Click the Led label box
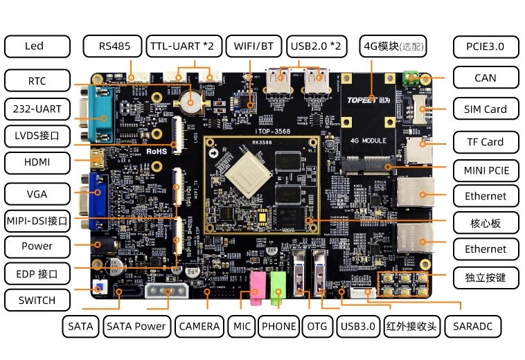coord(37,46)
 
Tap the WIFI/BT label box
coord(254,46)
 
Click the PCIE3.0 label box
coord(485,46)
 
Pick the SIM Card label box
coord(485,109)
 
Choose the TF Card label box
coord(485,142)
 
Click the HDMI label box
coord(37,163)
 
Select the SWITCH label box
coord(37,300)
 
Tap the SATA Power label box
coord(136,326)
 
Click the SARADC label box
coord(472,326)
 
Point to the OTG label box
coord(317,326)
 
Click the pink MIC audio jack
coord(258,286)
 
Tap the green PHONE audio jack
coord(278,286)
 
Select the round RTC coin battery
coord(189,102)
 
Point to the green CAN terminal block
coord(413,76)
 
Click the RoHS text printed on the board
coord(158,150)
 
